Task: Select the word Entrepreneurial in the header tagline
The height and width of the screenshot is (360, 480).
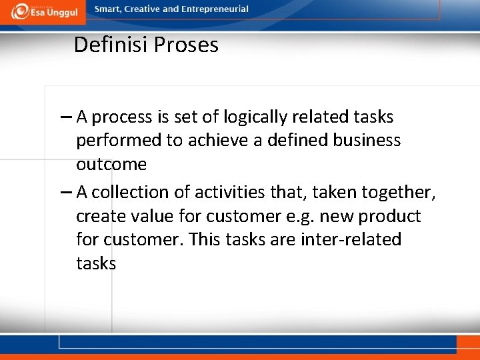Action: tap(215, 9)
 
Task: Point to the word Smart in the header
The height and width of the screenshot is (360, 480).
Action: tap(108, 9)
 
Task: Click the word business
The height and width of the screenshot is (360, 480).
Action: tap(369, 141)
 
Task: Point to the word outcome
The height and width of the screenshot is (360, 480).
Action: tap(111, 165)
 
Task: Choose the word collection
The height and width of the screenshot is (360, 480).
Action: tap(135, 193)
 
